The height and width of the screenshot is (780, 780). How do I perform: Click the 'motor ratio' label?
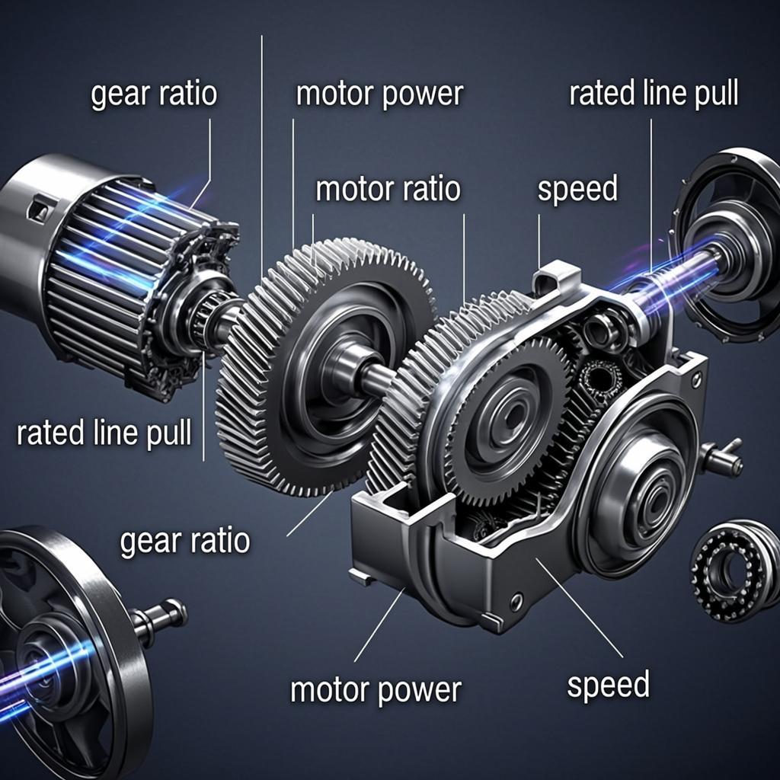[x=388, y=189]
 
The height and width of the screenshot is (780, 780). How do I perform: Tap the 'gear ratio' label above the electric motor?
[x=154, y=94]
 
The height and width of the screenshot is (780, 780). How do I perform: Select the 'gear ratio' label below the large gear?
[x=184, y=541]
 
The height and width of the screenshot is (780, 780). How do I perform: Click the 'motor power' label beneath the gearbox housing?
[x=376, y=690]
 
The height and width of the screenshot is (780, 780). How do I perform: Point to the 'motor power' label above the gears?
[x=379, y=94]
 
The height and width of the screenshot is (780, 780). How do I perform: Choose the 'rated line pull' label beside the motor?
[x=104, y=433]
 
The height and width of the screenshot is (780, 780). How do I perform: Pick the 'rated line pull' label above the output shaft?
[x=654, y=94]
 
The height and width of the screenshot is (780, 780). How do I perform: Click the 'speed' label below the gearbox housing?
[x=608, y=686]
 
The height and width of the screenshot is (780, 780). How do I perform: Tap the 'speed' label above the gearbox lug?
[x=577, y=189]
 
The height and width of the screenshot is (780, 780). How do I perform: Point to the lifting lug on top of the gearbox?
[x=556, y=280]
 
